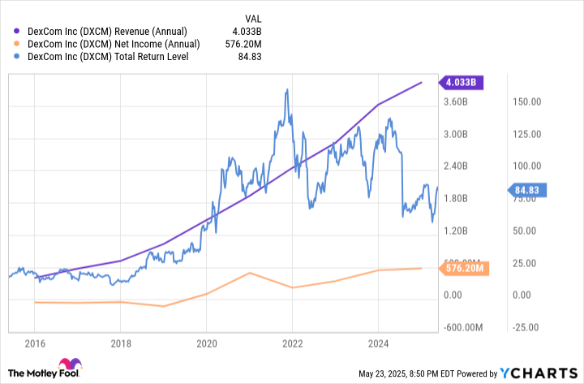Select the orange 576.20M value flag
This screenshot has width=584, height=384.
464,268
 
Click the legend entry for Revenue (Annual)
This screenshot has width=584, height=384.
113,31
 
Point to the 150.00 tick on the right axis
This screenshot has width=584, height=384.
528,102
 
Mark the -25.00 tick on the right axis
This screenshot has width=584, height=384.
528,327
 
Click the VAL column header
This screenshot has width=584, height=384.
253,17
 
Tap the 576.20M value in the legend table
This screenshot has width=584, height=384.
251,44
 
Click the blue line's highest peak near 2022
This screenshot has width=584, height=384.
286,89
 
